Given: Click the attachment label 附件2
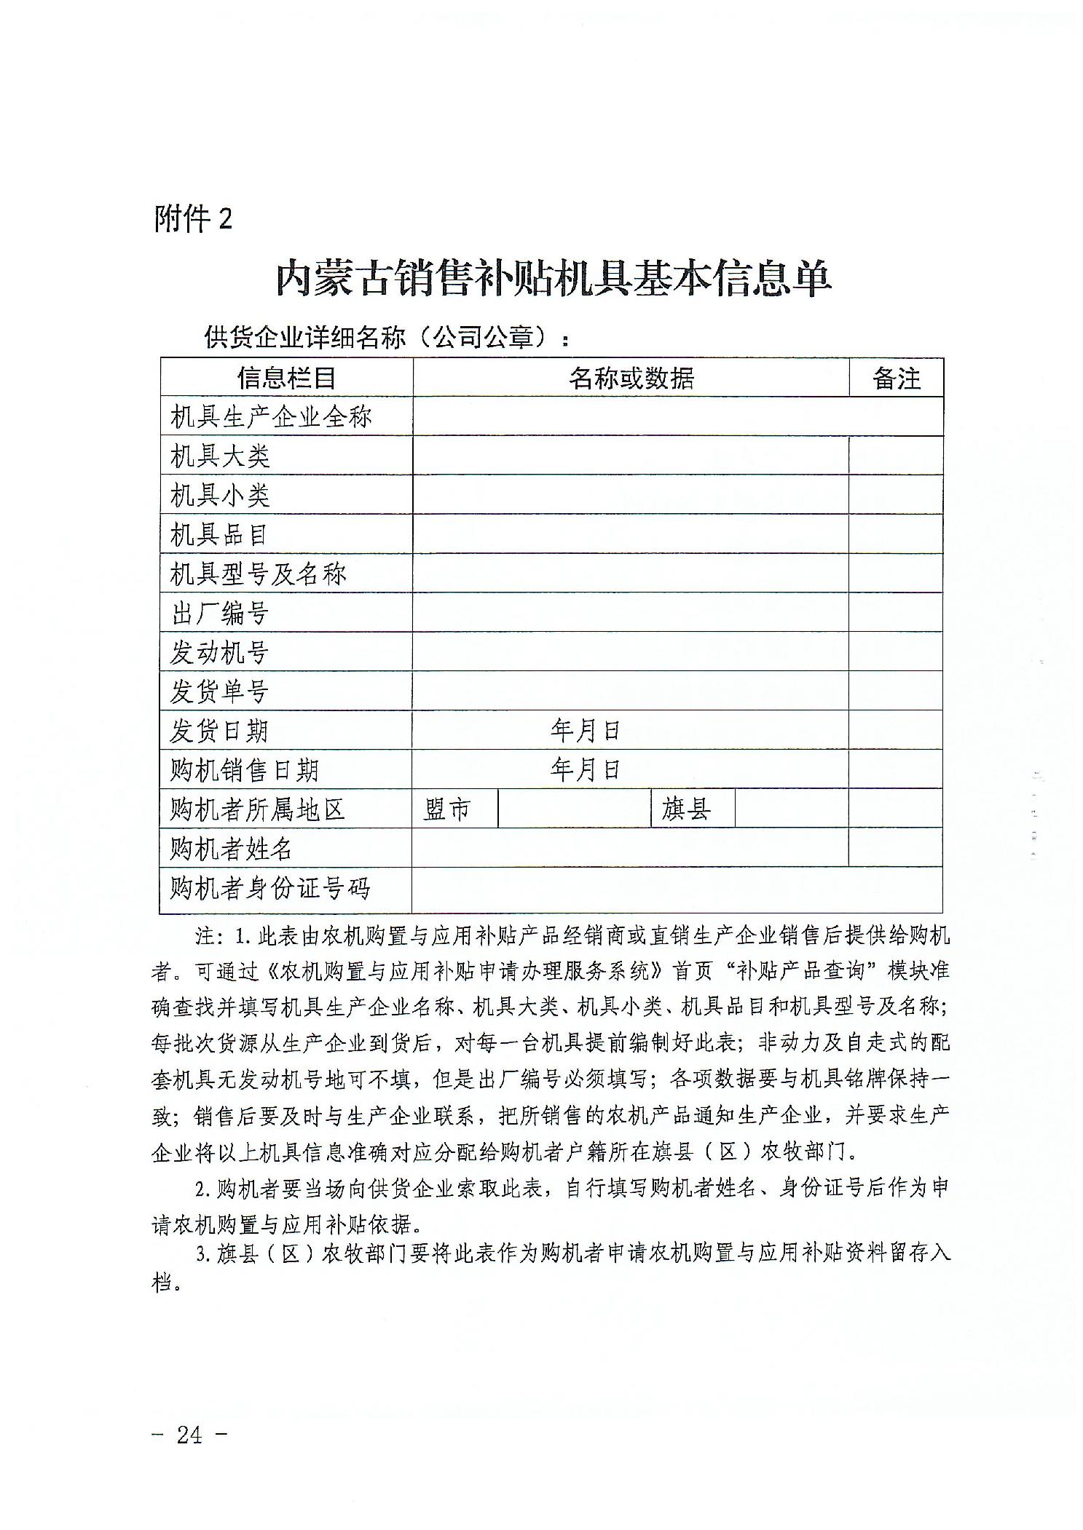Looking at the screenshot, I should [193, 218].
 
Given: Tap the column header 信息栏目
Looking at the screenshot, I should [286, 378].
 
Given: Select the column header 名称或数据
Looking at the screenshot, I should [631, 378].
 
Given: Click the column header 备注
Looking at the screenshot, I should [896, 378].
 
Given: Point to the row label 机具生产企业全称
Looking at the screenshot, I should [271, 417].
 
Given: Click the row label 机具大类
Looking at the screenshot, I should [220, 456].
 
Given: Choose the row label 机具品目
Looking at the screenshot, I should [220, 535].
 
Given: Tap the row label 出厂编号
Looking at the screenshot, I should [220, 614].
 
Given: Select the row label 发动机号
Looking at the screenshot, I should [220, 653].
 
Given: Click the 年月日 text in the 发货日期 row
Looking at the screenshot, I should [585, 730].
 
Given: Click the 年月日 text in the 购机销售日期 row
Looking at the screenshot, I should [585, 769].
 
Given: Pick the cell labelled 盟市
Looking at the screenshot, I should [448, 809].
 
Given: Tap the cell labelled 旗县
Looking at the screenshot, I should [686, 809].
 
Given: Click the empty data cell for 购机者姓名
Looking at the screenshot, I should [631, 848].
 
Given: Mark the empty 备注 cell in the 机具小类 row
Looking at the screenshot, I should [896, 496].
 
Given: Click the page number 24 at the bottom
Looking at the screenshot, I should [189, 1435].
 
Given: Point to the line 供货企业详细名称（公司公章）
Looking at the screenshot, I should [386, 338].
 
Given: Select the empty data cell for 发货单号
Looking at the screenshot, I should [631, 691].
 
